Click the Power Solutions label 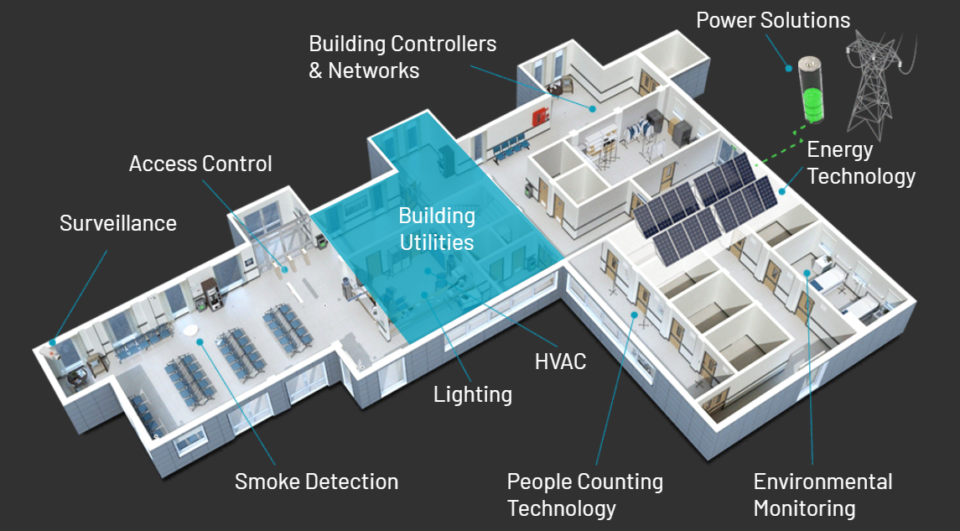click(773, 20)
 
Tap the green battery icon click(812, 90)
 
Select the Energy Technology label click(861, 163)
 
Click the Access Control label click(200, 164)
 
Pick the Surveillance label click(118, 223)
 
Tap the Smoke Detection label click(317, 482)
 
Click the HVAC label click(560, 362)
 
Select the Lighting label click(473, 394)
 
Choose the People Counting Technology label click(584, 495)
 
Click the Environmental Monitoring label click(822, 495)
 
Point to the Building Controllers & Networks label click(402, 57)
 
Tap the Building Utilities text click(437, 229)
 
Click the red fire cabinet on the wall click(539, 116)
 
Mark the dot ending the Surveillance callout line click(53, 342)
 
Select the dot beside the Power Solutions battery click(789, 68)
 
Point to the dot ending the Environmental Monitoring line click(807, 273)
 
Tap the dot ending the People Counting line click(635, 315)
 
